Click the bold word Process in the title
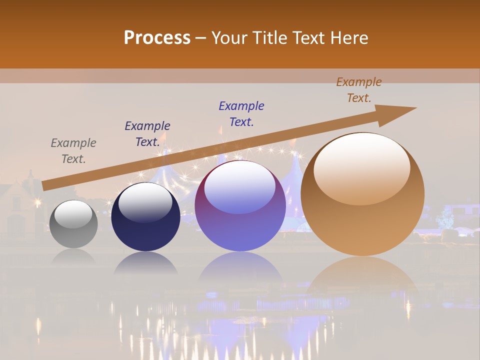pyautogui.click(x=157, y=38)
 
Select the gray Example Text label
pyautogui.click(x=73, y=151)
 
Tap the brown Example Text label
pyautogui.click(x=358, y=90)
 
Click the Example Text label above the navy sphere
pyautogui.click(x=147, y=134)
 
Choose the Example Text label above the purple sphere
pyautogui.click(x=241, y=114)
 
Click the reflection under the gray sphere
pyautogui.click(x=73, y=256)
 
